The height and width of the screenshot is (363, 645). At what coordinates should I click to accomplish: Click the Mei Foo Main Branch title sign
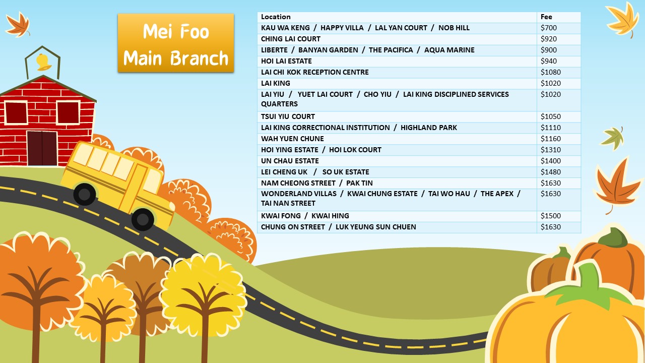(x=176, y=43)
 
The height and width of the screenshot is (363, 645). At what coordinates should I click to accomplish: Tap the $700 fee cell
(x=549, y=28)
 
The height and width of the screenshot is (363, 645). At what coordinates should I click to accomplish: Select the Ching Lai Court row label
(x=291, y=39)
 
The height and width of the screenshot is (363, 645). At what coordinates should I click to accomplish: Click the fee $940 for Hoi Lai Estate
(x=549, y=61)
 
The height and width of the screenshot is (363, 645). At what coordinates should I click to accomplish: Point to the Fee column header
(x=546, y=17)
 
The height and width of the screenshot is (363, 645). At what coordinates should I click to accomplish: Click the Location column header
(x=276, y=17)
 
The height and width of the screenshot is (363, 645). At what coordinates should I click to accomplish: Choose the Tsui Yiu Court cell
(x=288, y=116)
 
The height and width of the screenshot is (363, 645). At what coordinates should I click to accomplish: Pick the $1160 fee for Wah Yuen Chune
(x=550, y=139)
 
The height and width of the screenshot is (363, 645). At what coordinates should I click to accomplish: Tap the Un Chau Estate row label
(x=290, y=161)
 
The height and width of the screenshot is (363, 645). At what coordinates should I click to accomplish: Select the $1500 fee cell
(x=550, y=216)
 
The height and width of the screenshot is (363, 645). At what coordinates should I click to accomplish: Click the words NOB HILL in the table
(x=454, y=28)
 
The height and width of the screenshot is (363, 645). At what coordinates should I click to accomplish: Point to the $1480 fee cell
(x=550, y=172)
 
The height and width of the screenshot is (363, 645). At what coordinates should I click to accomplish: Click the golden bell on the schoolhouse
(x=42, y=62)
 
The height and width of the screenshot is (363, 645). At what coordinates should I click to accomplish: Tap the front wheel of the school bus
(x=143, y=219)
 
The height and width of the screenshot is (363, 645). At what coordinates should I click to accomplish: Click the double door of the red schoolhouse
(x=42, y=148)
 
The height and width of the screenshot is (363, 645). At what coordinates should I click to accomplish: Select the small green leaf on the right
(x=613, y=138)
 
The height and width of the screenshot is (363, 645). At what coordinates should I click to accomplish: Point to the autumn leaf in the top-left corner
(x=18, y=24)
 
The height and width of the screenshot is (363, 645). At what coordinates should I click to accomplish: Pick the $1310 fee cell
(x=550, y=150)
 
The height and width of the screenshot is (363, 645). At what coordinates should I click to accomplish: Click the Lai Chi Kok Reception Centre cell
(x=315, y=72)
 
